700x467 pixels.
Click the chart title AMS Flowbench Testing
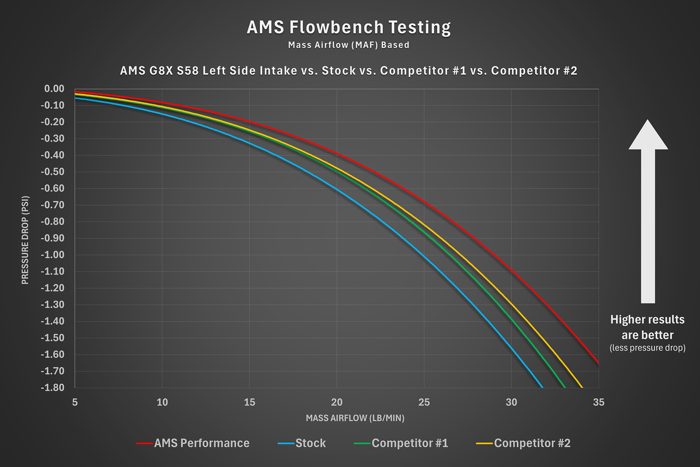349,27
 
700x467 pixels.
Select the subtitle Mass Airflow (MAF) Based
349,45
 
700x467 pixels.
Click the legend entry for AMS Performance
201,443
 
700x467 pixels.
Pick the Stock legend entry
310,443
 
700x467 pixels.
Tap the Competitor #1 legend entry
409,443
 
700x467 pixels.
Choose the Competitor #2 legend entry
532,443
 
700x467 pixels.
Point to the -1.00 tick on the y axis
52,255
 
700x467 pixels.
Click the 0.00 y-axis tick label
54,89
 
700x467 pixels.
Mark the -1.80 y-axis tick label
52,387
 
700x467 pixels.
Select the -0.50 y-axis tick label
52,172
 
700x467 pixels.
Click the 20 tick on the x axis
337,402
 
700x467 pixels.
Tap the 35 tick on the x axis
598,402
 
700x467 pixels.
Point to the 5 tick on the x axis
75,402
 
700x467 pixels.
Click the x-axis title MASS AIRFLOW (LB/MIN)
355,418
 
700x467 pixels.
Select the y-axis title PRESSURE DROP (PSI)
25,240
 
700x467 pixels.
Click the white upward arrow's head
648,136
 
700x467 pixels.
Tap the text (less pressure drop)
647,348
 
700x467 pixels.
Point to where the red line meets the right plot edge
598,363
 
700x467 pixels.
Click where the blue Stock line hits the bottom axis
542,387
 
